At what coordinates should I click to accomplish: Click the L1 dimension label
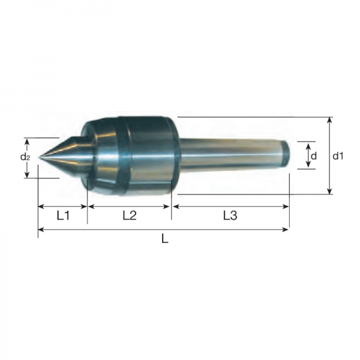click(x=63, y=215)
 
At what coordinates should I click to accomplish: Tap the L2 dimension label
click(x=130, y=215)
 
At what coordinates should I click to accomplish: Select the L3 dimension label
click(x=230, y=215)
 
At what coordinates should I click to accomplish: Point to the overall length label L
click(x=165, y=239)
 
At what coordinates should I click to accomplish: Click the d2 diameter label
click(x=25, y=157)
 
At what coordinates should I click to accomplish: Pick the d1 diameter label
click(x=338, y=156)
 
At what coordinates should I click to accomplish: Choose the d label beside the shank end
click(x=314, y=156)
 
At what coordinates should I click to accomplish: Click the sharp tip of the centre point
click(x=38, y=157)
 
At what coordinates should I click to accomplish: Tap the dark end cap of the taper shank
click(x=286, y=154)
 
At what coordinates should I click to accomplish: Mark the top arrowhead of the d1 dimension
click(x=329, y=120)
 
